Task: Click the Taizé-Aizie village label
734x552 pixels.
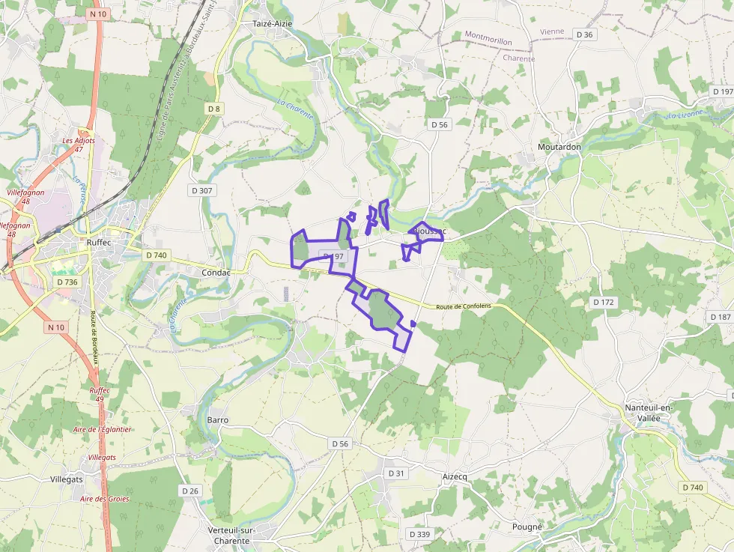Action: point(272,24)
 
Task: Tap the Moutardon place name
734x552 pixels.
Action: point(559,147)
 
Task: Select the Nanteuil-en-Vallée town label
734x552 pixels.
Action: point(649,413)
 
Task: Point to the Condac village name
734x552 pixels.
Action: point(216,273)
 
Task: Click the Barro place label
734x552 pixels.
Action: point(217,420)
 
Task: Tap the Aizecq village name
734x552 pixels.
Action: point(455,476)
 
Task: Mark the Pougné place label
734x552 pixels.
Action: point(527,527)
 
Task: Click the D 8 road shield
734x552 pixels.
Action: point(214,109)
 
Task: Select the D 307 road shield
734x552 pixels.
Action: point(202,190)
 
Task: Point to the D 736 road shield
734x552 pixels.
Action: point(67,282)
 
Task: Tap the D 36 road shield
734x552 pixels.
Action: point(584,34)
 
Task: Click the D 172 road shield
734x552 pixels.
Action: point(603,302)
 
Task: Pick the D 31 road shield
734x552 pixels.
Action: point(396,473)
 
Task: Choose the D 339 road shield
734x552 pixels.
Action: point(419,534)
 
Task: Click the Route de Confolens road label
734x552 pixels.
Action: point(464,306)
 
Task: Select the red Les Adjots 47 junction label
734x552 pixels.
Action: point(79,145)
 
